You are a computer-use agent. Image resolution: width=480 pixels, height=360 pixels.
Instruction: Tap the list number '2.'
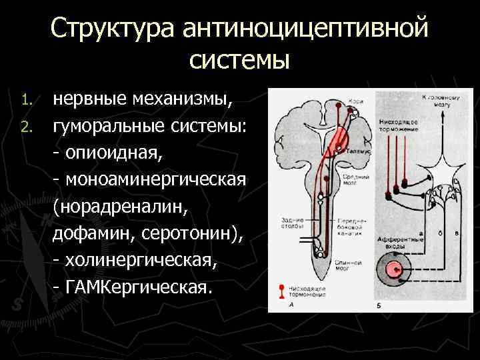(x=26, y=126)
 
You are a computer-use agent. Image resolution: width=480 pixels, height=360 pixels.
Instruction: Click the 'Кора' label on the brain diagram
(x=353, y=102)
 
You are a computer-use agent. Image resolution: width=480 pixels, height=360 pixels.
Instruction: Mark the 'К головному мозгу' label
(x=437, y=101)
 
